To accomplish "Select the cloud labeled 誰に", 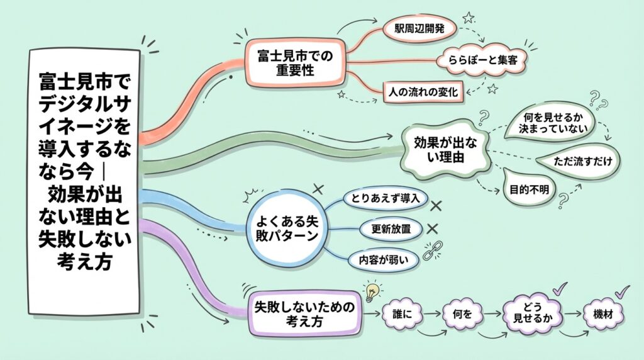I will click(401, 312).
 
